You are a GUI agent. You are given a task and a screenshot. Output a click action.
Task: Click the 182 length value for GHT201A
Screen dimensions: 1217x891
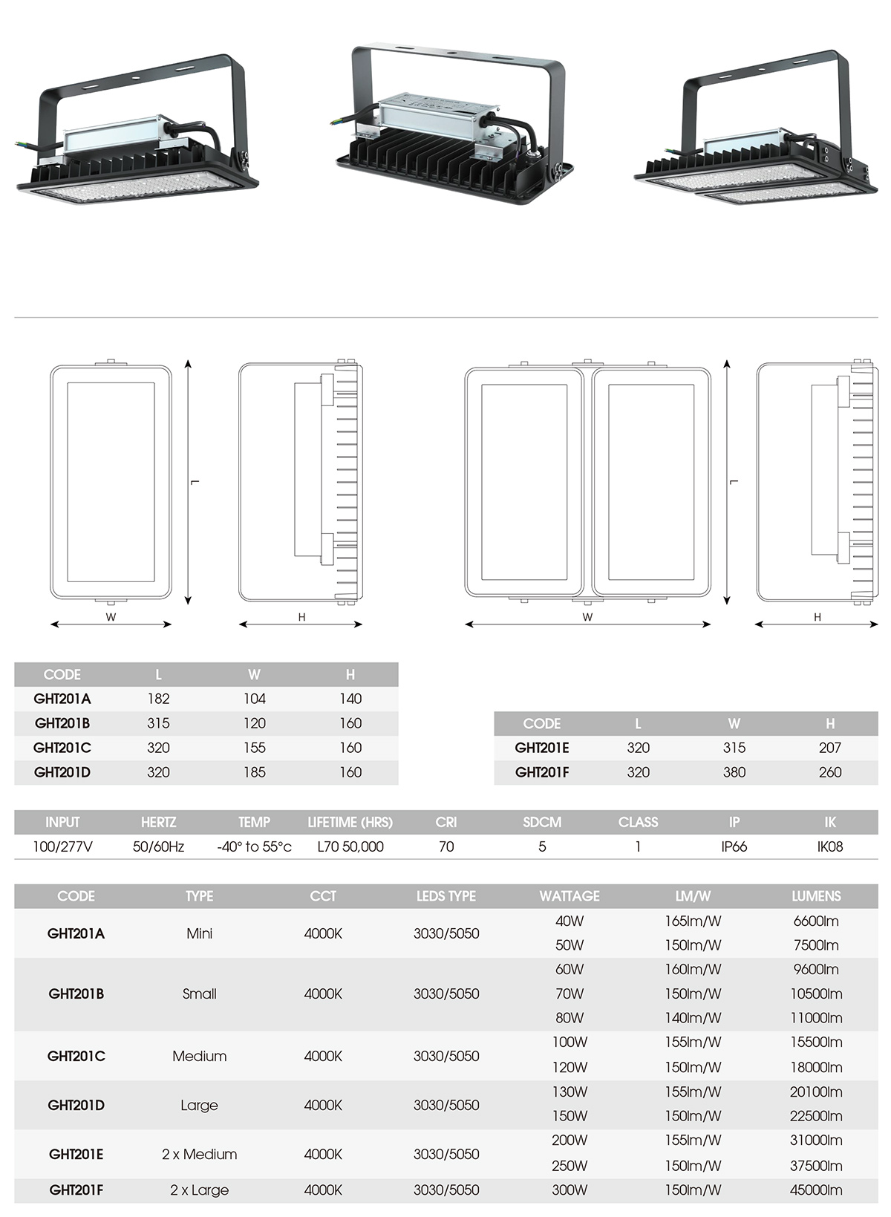pos(158,699)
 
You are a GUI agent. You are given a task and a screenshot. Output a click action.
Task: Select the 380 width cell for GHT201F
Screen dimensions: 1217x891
pos(734,772)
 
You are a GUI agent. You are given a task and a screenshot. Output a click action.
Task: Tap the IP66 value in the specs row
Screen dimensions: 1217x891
pos(734,846)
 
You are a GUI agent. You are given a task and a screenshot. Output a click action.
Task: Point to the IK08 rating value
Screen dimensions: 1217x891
pos(829,846)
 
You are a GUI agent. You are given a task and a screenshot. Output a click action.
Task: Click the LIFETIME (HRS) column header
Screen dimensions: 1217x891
pos(350,822)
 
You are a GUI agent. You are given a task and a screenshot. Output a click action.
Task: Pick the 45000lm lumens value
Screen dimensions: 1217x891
pos(816,1190)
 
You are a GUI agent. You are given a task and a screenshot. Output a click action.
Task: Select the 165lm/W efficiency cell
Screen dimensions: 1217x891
pos(693,921)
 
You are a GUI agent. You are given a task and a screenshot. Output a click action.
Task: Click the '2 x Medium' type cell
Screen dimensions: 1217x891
pos(199,1154)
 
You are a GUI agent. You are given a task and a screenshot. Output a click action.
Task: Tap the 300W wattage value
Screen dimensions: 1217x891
pos(569,1190)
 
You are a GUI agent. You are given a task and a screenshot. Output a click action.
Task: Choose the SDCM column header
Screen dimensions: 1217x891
pos(542,822)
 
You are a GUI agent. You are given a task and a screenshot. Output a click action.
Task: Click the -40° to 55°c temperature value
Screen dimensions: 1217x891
pos(254,846)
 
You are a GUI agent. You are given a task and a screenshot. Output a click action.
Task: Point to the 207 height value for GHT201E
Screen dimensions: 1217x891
pos(829,748)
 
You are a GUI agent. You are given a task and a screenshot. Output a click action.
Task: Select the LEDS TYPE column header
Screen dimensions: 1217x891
pos(446,896)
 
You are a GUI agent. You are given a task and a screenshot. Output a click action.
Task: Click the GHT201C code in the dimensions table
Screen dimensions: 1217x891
pos(62,748)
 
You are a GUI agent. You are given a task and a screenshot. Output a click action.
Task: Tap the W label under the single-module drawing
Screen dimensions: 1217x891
pos(111,617)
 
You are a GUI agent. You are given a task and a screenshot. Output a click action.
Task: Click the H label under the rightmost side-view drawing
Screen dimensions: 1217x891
pos(817,617)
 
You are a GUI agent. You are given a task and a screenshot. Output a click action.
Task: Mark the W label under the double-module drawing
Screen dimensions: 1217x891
pos(587,617)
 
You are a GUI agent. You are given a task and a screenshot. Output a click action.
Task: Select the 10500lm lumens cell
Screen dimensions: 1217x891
pos(816,993)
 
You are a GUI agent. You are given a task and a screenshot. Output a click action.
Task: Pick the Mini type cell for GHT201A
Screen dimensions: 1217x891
pos(199,933)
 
